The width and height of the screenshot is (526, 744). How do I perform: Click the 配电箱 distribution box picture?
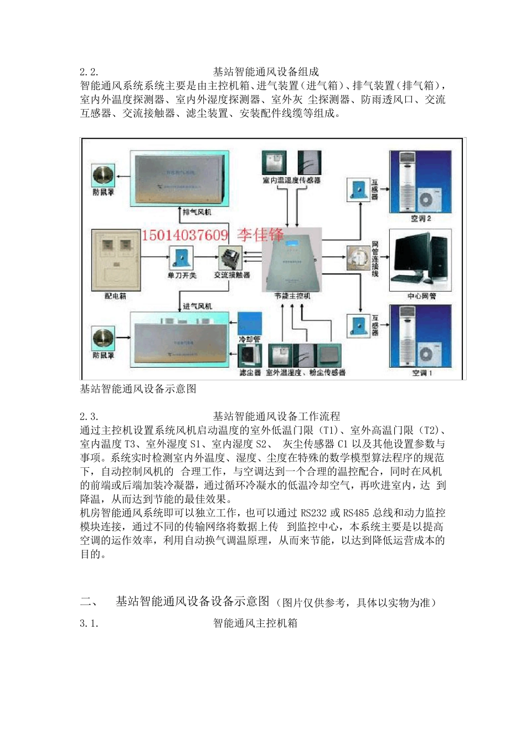click(115, 260)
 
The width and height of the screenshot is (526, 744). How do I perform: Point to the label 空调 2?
click(421, 219)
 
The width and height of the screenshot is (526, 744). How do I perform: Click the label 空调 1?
click(422, 373)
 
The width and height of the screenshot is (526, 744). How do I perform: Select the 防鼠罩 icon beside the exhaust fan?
click(103, 175)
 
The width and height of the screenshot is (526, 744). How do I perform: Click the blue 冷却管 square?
click(249, 323)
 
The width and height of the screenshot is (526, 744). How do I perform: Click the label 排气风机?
click(197, 212)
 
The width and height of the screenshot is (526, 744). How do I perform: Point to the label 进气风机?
click(197, 306)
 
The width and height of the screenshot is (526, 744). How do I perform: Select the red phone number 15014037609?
click(185, 235)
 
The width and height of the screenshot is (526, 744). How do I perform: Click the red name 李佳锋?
click(260, 235)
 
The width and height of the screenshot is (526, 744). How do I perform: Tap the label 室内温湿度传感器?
click(291, 180)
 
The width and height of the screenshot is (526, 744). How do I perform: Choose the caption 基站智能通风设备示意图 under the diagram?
click(138, 389)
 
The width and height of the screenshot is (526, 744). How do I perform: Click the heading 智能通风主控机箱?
click(255, 623)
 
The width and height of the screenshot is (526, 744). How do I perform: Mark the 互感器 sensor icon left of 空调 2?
click(358, 189)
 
